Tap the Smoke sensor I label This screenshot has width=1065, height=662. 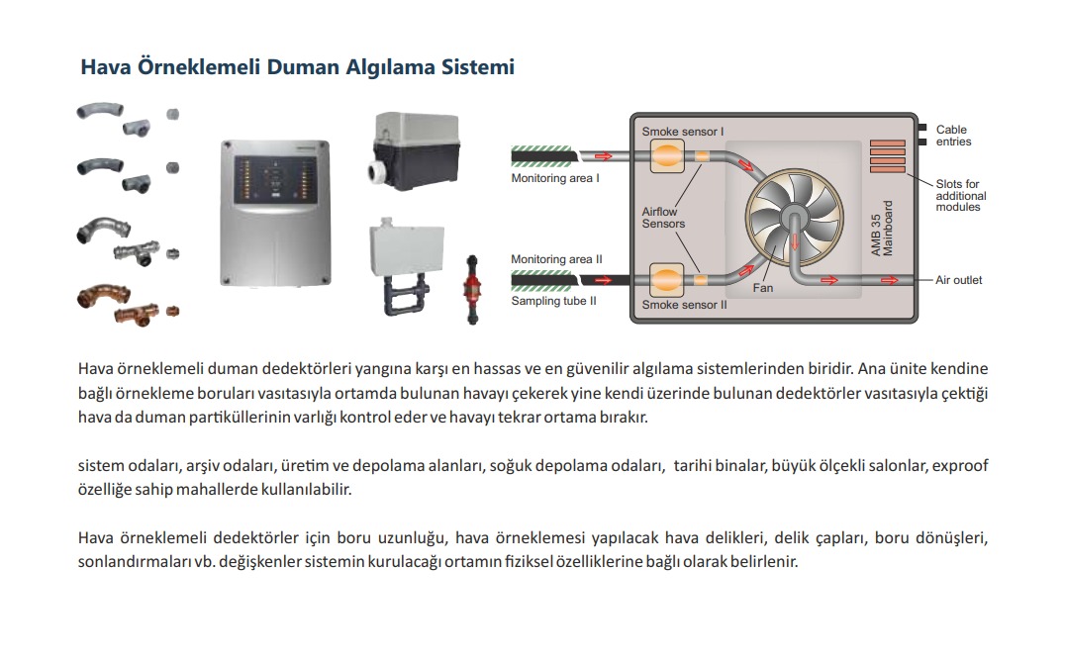click(683, 132)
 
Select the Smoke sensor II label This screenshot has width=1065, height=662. click(684, 305)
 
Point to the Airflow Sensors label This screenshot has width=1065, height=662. click(663, 218)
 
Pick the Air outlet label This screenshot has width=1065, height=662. click(958, 280)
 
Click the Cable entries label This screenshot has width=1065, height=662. click(953, 136)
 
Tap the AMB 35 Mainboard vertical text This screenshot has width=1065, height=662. click(882, 229)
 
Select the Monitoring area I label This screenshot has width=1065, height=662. click(555, 178)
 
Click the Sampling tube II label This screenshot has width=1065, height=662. click(553, 301)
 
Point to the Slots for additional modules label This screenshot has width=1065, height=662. click(960, 196)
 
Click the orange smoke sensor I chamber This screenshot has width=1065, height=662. click(667, 156)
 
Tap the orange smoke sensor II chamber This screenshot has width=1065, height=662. click(666, 280)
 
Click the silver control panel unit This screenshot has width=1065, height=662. click(275, 213)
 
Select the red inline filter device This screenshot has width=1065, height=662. click(471, 289)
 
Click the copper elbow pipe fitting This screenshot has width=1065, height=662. click(103, 296)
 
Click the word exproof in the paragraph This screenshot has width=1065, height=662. click(960, 466)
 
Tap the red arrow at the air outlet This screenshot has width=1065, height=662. click(890, 280)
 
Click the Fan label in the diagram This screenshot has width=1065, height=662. click(763, 288)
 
